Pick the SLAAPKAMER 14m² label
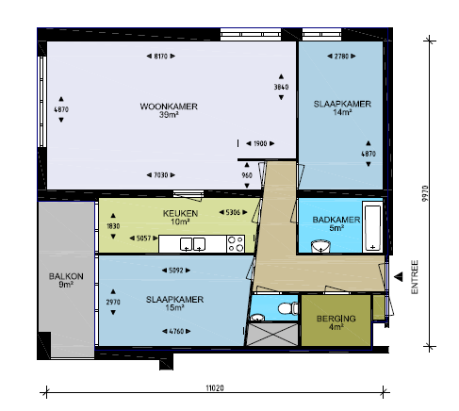coord(342,107)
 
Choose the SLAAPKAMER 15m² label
coord(174,304)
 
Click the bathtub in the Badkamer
coord(372,227)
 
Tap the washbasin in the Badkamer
coord(320,246)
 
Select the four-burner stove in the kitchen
coord(236,244)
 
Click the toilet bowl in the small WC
coord(287,308)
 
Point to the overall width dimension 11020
coord(215,388)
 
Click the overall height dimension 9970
coord(425,193)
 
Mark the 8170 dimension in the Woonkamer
coord(161,57)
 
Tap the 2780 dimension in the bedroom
coord(341,57)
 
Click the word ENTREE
coord(415,277)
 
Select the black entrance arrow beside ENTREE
coord(399,277)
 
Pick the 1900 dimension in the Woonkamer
coord(260,143)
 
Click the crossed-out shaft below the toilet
coord(272,335)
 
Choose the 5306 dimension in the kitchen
coord(233,213)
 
